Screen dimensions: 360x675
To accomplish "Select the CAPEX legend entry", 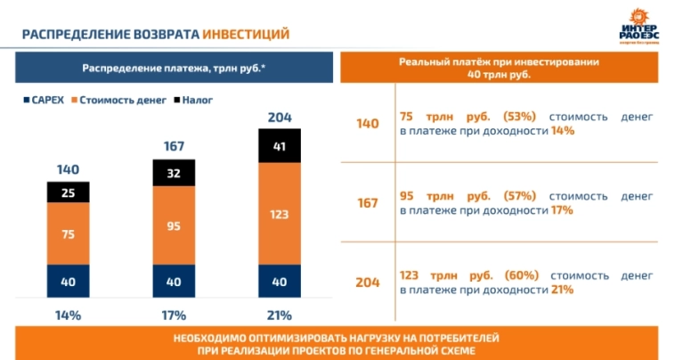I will (x=43, y=101).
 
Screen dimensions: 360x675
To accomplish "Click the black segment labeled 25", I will (x=69, y=192).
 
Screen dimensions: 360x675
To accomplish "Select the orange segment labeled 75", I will (x=69, y=234).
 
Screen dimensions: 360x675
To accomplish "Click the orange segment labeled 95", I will (x=174, y=225).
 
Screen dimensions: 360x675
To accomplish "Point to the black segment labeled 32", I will (x=174, y=173).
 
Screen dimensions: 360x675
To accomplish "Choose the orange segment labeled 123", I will (x=280, y=214).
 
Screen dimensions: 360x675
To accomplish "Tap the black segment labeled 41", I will (x=280, y=146).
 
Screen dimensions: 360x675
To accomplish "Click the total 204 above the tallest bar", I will (x=280, y=117).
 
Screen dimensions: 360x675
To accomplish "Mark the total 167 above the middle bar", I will (x=174, y=146).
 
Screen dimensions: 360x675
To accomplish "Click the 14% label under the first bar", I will (x=69, y=315).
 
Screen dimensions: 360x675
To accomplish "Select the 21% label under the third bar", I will (x=280, y=315).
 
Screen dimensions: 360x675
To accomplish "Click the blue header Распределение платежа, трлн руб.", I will (x=174, y=69).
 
